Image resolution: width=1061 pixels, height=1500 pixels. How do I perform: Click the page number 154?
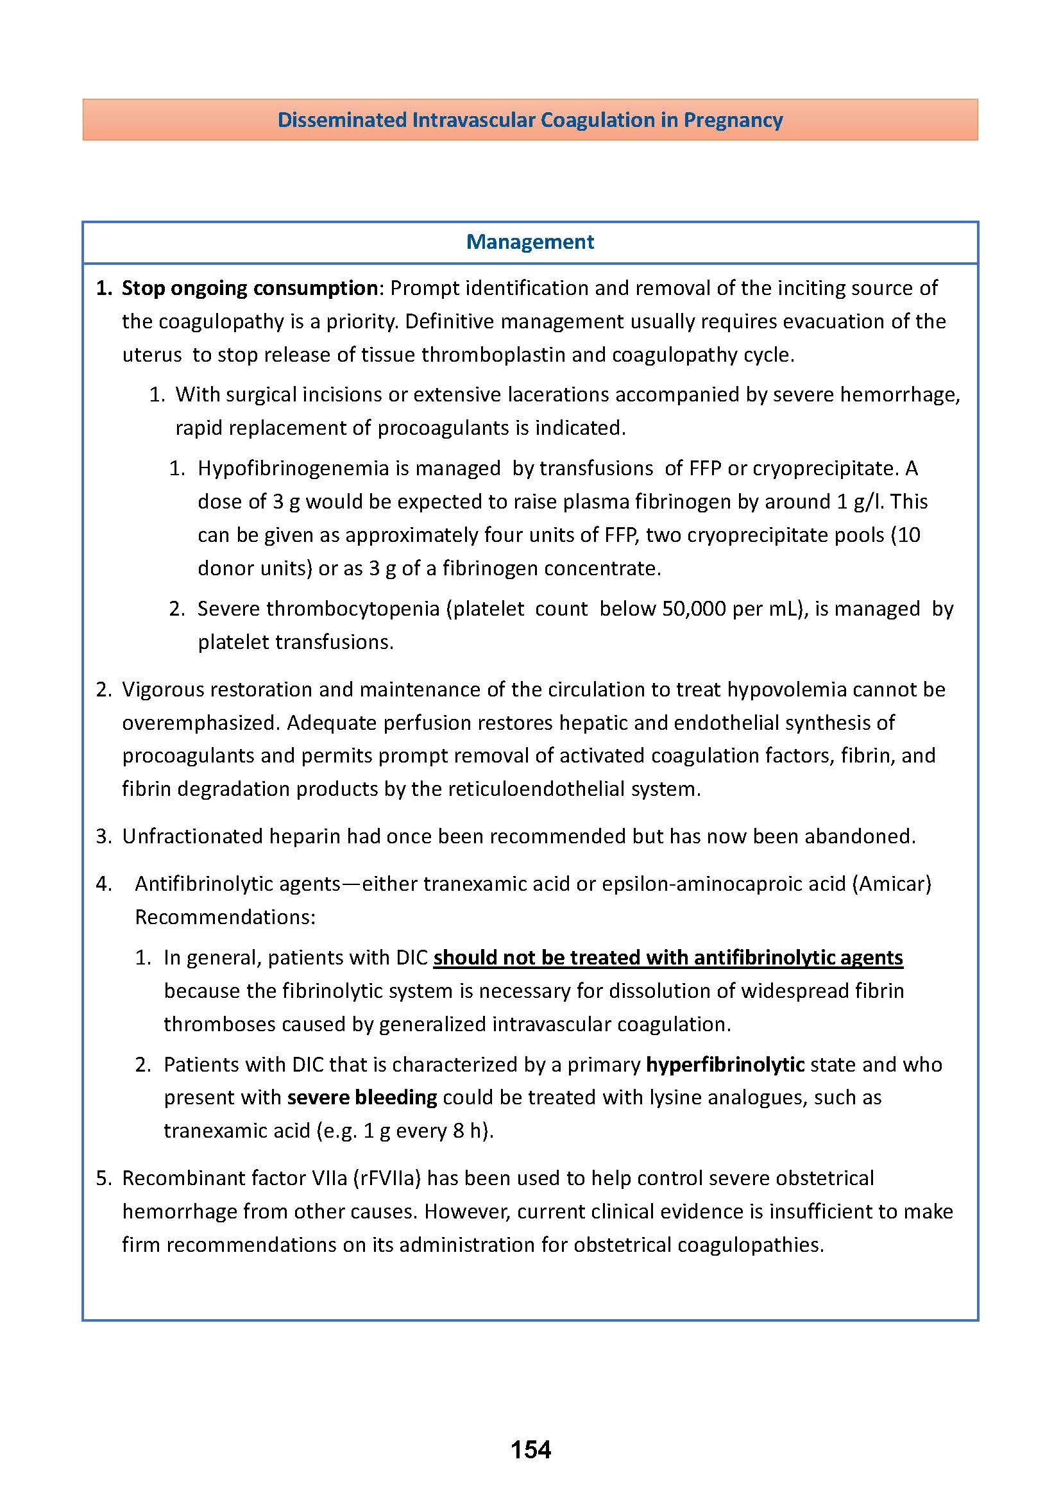click(530, 1450)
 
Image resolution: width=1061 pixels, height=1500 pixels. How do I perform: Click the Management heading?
click(530, 242)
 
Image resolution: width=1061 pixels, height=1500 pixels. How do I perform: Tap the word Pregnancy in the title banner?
click(733, 120)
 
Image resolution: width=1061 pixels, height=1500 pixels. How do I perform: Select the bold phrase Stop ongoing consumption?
click(250, 288)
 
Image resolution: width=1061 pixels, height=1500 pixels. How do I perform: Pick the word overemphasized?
click(199, 723)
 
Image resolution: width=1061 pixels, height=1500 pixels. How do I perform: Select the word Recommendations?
click(225, 917)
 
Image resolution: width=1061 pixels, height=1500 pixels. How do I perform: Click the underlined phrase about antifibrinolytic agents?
click(668, 957)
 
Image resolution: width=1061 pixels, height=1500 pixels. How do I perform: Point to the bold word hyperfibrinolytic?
click(724, 1065)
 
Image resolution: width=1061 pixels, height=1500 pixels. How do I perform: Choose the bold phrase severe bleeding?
click(362, 1097)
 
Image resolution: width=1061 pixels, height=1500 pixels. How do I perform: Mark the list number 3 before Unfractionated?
click(103, 836)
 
